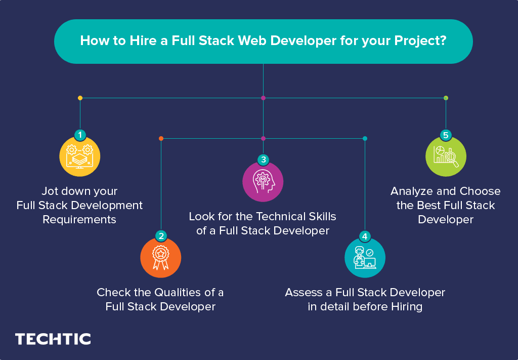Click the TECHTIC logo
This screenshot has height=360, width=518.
pyautogui.click(x=53, y=339)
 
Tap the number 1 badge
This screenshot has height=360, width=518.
pyautogui.click(x=80, y=135)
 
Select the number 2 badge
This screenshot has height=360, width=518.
pyautogui.click(x=161, y=235)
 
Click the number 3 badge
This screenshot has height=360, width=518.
pyautogui.click(x=263, y=160)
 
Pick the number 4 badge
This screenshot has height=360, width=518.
pyautogui.click(x=365, y=236)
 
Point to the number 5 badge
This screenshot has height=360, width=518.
pyautogui.click(x=446, y=135)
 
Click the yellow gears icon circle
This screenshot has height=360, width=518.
pyautogui.click(x=80, y=156)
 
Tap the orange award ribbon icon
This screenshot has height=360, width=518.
pyautogui.click(x=160, y=257)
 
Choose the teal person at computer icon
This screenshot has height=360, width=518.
pyautogui.click(x=365, y=258)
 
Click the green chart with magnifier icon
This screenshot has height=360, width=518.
pyautogui.click(x=446, y=156)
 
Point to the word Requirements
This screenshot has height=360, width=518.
pyautogui.click(x=79, y=219)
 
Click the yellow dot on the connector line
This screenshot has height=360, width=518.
pyautogui.click(x=80, y=98)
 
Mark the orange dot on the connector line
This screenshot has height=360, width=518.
pyautogui.click(x=161, y=138)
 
